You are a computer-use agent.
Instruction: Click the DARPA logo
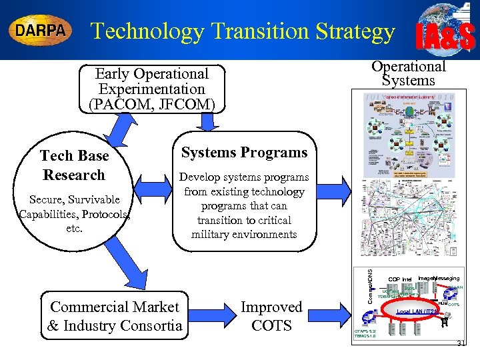click(x=40, y=31)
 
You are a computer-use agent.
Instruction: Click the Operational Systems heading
click(x=408, y=73)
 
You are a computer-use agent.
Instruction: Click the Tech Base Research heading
click(x=74, y=165)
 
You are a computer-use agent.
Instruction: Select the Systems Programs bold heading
click(x=243, y=153)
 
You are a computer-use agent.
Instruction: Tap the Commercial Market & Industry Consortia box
click(x=115, y=316)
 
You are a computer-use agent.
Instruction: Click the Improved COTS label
click(x=271, y=316)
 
